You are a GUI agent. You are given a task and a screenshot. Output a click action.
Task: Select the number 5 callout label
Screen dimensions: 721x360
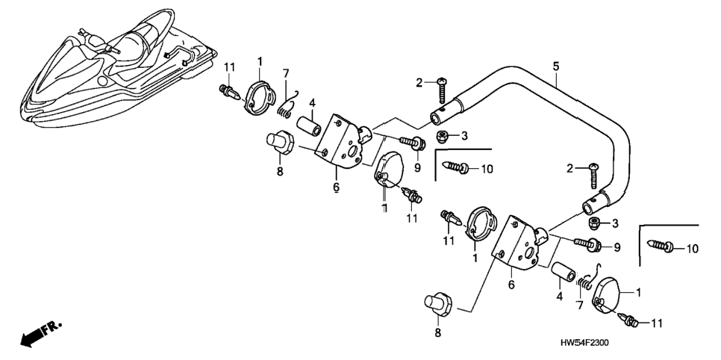pos(556,66)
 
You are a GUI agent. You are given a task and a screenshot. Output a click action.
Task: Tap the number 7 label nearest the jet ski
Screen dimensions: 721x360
pos(286,73)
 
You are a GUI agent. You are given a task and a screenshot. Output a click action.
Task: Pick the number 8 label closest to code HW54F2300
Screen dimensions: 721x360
pos(437,332)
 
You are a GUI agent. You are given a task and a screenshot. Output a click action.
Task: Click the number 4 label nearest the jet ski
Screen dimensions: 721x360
pos(312,102)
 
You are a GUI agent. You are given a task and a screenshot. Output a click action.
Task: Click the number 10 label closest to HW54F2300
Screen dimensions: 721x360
pos(692,249)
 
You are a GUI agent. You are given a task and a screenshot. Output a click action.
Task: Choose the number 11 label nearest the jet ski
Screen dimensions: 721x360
pos(229,66)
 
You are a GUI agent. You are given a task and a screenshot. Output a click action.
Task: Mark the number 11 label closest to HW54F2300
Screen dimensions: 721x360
pos(658,323)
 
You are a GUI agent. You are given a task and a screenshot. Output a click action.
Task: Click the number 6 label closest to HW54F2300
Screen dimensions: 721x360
pos(511,285)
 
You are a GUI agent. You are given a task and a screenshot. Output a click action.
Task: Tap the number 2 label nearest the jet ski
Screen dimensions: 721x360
pos(419,83)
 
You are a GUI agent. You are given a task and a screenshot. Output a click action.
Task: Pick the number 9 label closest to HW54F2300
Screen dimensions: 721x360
pos(617,248)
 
